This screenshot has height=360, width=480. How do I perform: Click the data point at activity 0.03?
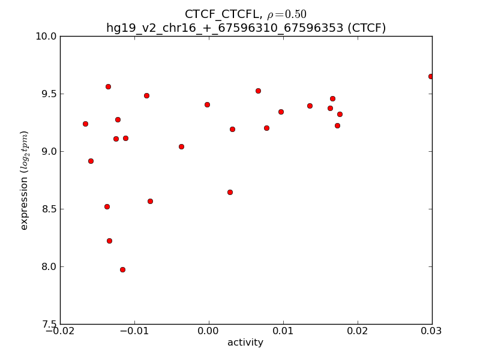click(431, 76)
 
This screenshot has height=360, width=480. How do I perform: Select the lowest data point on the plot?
click(122, 269)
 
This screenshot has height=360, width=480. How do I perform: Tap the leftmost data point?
click(85, 124)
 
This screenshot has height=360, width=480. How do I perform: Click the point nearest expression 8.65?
click(230, 192)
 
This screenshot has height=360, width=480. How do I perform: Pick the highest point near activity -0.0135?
click(108, 86)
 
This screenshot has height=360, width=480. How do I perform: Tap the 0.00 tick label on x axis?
click(209, 331)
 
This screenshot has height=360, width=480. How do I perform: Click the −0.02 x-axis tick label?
click(60, 331)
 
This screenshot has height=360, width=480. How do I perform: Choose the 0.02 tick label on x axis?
click(358, 331)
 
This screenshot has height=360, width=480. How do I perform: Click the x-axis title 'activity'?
click(245, 343)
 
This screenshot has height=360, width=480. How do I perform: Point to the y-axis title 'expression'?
click(25, 180)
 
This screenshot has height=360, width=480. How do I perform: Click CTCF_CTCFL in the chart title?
click(217, 14)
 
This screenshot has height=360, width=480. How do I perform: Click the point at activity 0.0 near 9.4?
click(207, 104)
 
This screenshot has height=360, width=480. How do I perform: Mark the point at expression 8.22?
click(109, 241)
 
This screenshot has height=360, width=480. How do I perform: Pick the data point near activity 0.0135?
click(310, 106)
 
